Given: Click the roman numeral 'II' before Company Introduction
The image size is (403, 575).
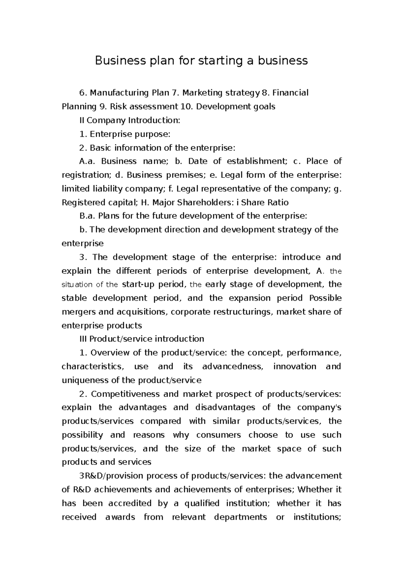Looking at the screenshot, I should pyautogui.click(x=82, y=120).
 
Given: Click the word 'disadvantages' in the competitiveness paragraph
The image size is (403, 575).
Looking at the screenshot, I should pyautogui.click(x=223, y=408).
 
